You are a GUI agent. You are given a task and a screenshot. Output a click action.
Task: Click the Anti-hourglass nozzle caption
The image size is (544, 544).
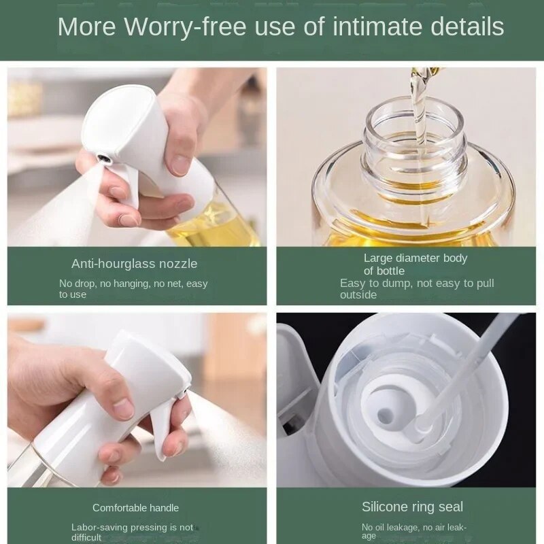pos(134,264)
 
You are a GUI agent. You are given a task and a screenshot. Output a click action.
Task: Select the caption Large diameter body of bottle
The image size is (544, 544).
pos(415,264)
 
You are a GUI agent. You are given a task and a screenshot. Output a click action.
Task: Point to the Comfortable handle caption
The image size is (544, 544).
pos(135,508)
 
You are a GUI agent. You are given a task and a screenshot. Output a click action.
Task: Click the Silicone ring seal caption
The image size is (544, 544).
pos(412,507)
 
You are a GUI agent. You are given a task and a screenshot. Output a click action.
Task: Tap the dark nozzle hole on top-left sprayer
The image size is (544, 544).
pos(104,158)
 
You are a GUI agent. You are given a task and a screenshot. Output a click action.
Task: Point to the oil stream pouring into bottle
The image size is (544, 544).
pos(415,109)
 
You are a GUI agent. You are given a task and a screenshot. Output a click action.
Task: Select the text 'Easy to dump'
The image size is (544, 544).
pos(371,284)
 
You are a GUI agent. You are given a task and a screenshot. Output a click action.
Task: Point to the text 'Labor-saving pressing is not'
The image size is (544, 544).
pos(132,527)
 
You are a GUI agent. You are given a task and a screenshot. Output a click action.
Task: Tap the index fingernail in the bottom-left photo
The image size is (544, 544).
pos(123,407)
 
